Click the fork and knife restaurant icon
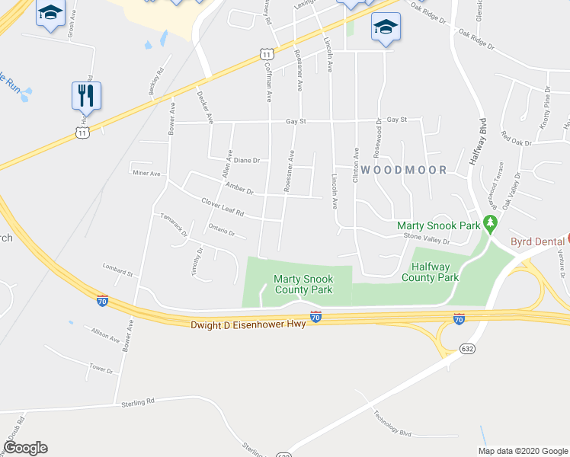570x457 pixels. pos(86,96)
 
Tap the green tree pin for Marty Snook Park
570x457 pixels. pos(492,225)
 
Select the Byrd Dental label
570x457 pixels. pos(537,242)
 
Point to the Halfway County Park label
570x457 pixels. pos(434,273)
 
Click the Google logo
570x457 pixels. pos(24,448)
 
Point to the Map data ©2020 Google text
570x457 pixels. pos(522,450)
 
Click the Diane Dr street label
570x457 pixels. pos(247,161)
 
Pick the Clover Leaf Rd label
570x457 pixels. pos(222,207)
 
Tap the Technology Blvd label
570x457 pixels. pos(392,423)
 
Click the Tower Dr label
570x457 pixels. pos(101,369)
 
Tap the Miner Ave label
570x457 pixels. pos(146,174)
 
